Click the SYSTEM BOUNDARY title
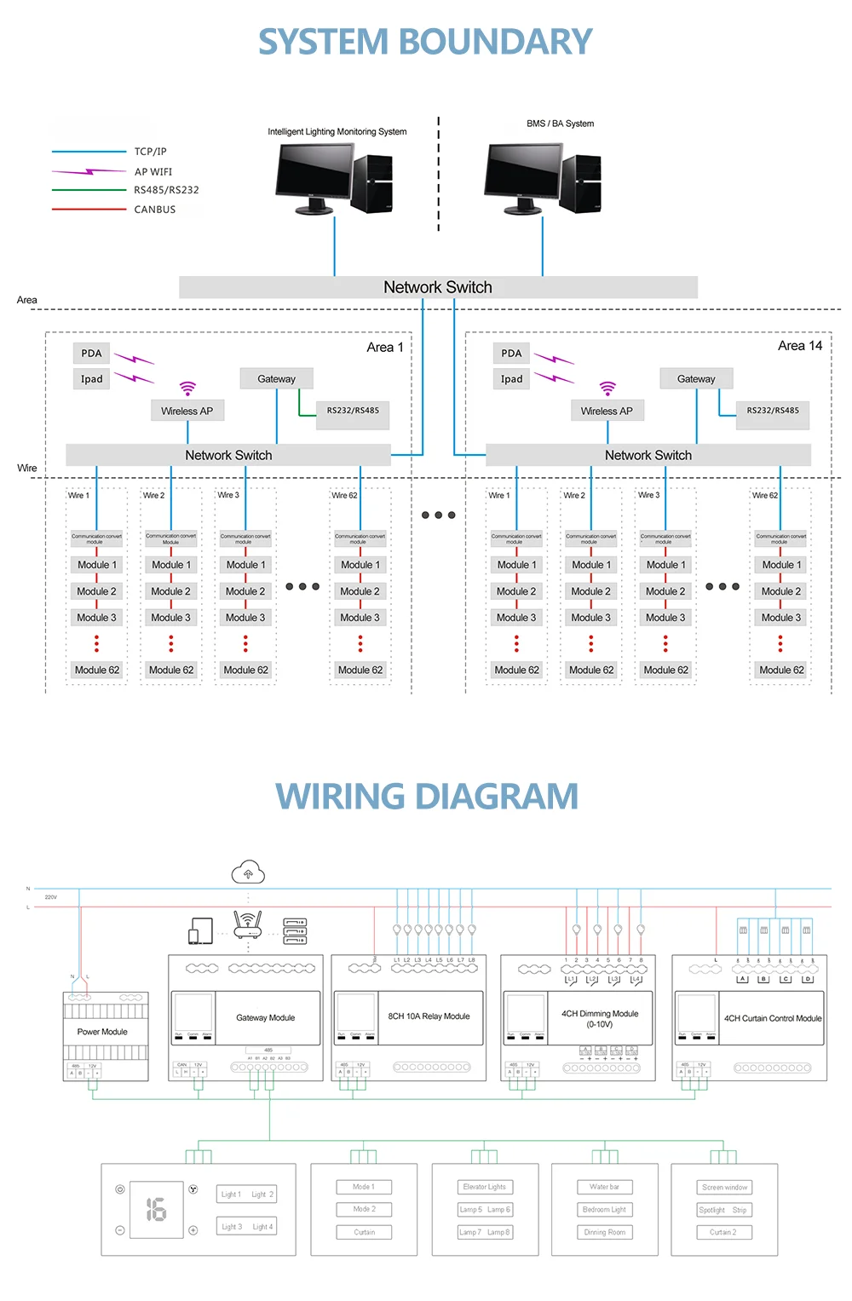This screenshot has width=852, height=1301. point(425,42)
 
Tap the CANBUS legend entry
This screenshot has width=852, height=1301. point(154,210)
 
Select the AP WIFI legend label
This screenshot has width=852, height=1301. point(153,172)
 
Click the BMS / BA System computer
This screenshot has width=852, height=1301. point(542,180)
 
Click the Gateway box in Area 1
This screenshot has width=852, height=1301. point(276,379)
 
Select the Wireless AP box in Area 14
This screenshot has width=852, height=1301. point(607,412)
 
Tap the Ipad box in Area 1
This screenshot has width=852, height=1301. point(92,379)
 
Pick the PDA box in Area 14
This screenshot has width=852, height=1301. point(511,354)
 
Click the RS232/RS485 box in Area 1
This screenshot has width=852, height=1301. point(353,412)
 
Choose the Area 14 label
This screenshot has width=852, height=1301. point(799,346)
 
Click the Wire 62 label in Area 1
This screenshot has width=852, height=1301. point(344,495)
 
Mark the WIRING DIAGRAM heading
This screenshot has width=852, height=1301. point(427,797)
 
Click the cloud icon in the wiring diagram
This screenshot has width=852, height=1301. point(248,872)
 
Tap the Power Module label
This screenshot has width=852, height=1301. point(102,1032)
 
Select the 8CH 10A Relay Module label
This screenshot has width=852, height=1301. point(429,1016)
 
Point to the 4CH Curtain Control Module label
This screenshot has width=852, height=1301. point(773,1018)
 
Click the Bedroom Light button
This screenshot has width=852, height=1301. point(604,1210)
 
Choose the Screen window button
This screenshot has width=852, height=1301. point(724,1188)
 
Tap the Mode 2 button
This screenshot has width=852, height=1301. point(364,1210)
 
